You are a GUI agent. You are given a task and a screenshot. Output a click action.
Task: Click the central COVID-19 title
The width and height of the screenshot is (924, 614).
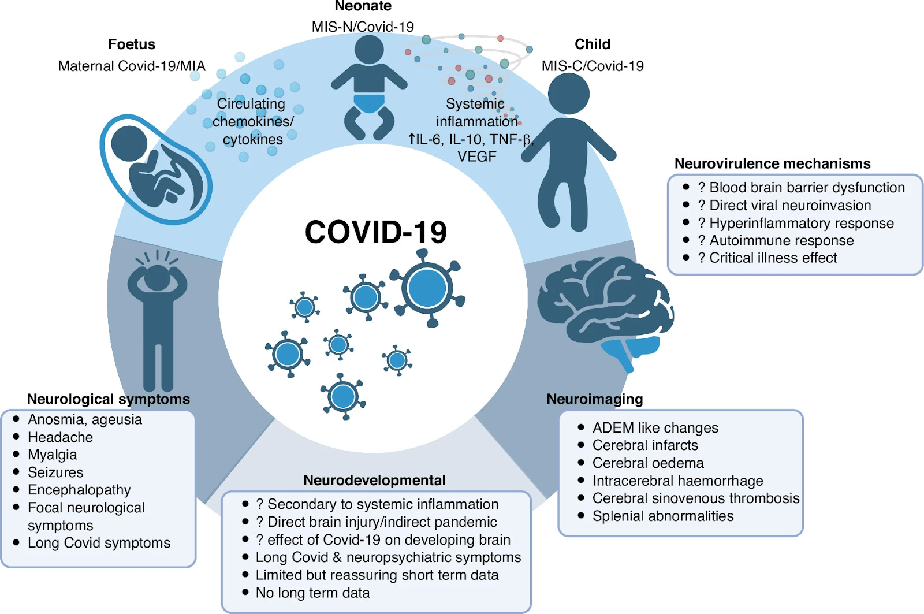(x=375, y=232)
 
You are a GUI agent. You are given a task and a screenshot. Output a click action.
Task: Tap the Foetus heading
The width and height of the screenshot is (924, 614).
(x=132, y=44)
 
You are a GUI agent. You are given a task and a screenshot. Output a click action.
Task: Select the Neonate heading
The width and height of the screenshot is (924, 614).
(x=363, y=6)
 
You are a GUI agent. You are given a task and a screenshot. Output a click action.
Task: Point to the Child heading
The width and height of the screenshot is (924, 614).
(x=592, y=44)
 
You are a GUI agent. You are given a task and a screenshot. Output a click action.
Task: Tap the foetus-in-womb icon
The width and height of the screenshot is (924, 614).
(x=156, y=169)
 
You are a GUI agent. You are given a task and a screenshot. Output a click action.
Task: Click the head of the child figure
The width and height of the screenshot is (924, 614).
(x=568, y=94)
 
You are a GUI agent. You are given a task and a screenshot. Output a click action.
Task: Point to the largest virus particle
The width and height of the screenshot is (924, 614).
(x=427, y=288)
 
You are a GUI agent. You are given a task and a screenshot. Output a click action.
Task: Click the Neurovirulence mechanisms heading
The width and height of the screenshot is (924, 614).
(x=772, y=164)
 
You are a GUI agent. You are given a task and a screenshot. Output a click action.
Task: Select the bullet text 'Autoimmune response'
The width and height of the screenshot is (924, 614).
(x=781, y=240)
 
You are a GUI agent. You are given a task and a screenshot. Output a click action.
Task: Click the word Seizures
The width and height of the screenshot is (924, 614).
(x=55, y=472)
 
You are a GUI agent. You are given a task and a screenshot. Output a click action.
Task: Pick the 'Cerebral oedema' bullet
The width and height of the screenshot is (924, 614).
(x=648, y=463)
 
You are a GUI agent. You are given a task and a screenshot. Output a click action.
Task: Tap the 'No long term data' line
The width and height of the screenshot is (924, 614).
(x=312, y=593)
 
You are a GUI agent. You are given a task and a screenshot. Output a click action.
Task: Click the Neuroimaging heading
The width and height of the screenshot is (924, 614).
(x=594, y=399)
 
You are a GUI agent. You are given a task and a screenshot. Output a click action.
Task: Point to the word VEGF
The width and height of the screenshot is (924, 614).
(x=476, y=157)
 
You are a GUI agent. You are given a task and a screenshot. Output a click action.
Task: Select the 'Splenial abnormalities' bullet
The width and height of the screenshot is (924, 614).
(x=663, y=516)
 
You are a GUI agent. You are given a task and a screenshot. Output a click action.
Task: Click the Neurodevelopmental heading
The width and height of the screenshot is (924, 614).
(x=374, y=481)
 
